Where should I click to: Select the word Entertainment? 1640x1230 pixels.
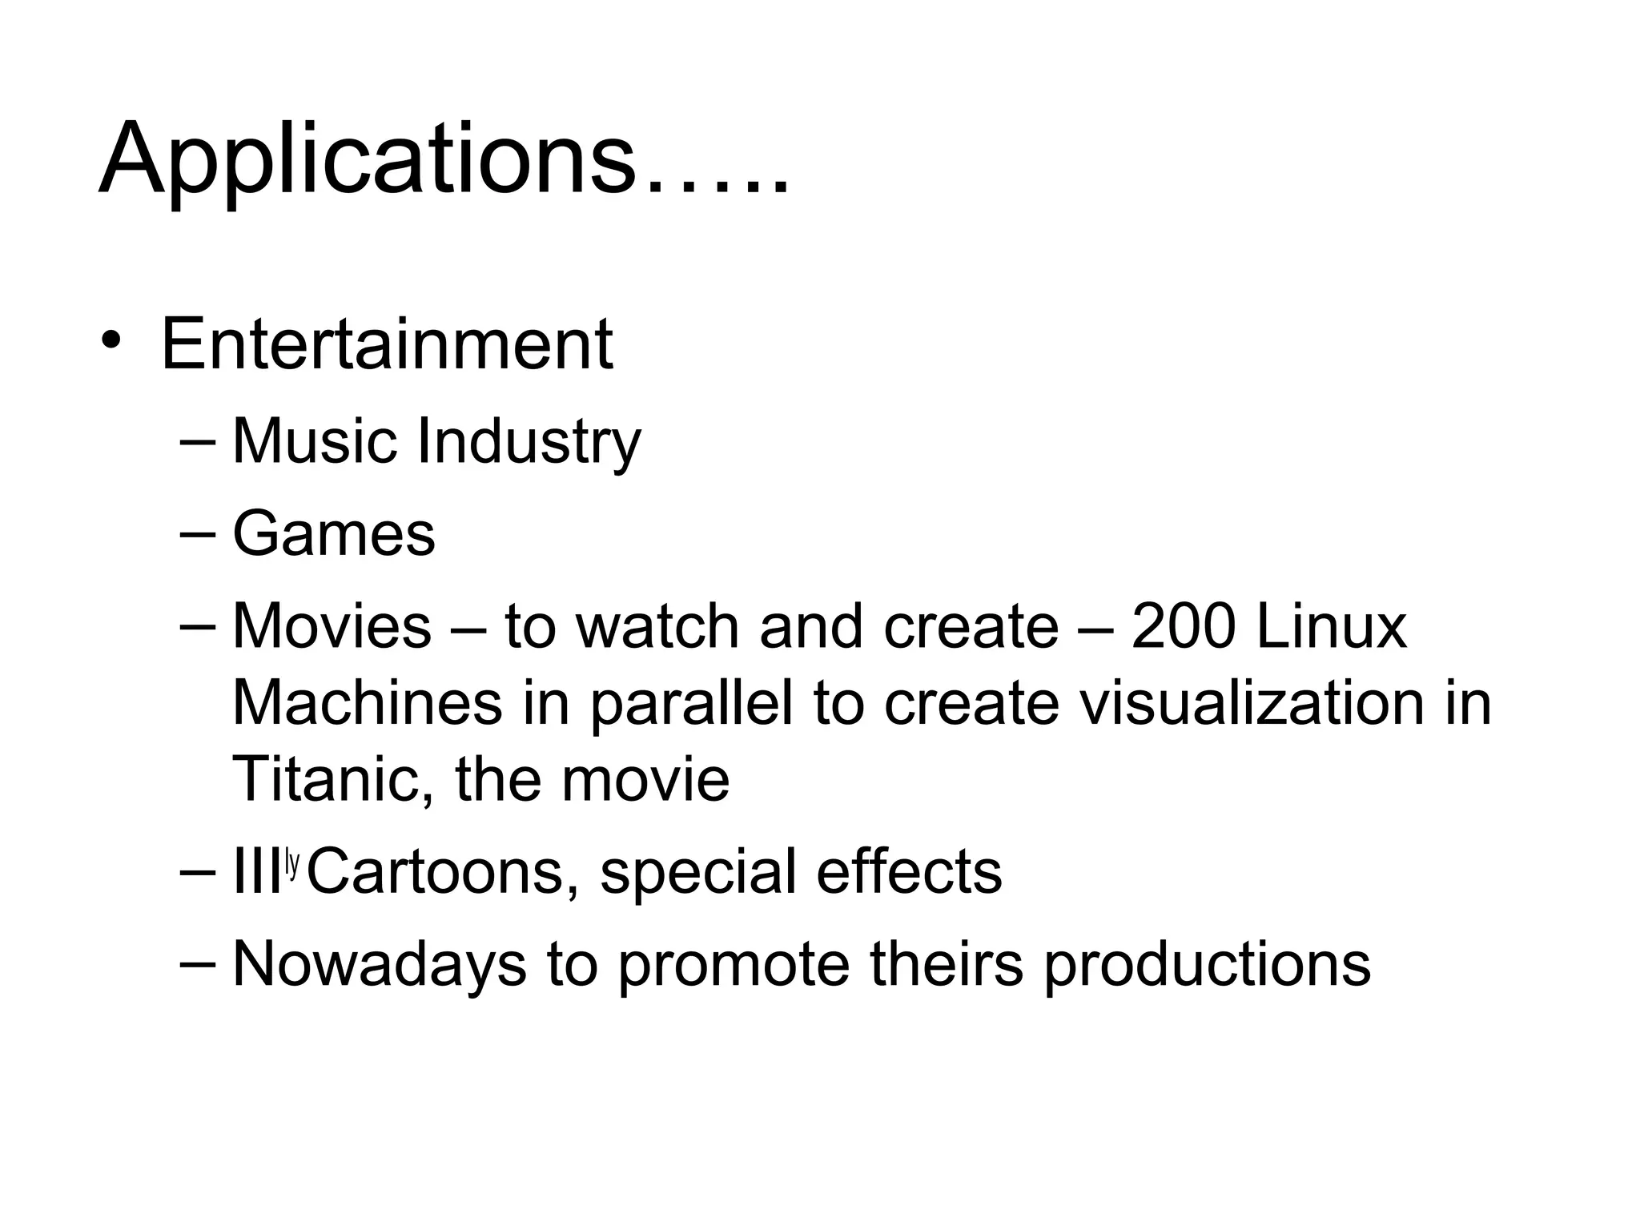click(387, 344)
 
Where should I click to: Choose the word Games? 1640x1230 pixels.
click(333, 533)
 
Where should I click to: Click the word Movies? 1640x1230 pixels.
click(332, 626)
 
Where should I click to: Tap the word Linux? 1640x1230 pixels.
click(1331, 626)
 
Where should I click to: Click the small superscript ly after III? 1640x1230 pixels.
click(292, 863)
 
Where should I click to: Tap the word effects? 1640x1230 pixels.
click(908, 871)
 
